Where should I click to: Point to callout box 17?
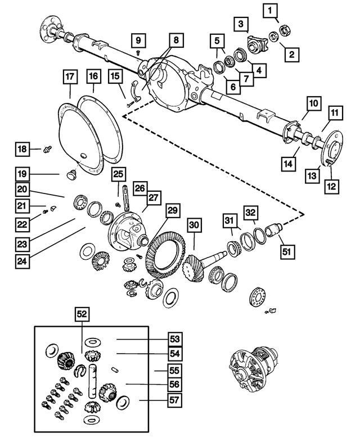(x=69, y=76)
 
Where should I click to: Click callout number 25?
(x=118, y=175)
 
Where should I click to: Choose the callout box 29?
(x=172, y=211)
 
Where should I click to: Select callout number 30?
(x=194, y=225)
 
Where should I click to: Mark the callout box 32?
(x=251, y=212)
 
